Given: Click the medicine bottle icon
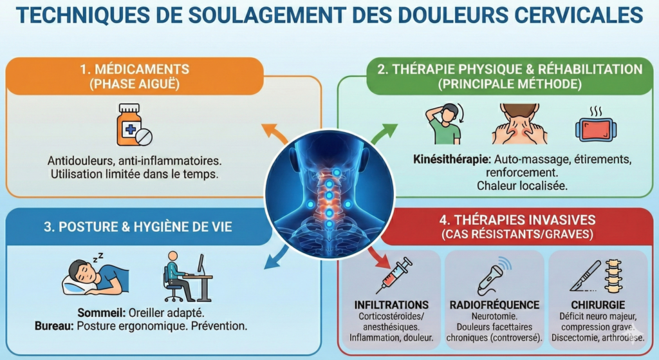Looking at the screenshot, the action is [134, 125].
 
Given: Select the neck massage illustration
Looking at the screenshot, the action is [520, 124].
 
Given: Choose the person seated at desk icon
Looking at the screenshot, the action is [188, 276].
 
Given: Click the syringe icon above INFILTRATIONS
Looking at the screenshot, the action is [394, 276].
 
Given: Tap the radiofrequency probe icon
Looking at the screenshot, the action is [494, 276].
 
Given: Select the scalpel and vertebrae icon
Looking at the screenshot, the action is [597, 276].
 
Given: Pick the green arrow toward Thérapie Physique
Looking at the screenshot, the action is [384, 133].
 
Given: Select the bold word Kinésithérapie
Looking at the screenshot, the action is [452, 160].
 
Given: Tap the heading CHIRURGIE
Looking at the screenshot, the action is [598, 305].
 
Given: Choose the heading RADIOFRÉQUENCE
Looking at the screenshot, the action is [494, 305].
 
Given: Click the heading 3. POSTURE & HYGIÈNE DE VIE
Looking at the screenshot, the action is [138, 227].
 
